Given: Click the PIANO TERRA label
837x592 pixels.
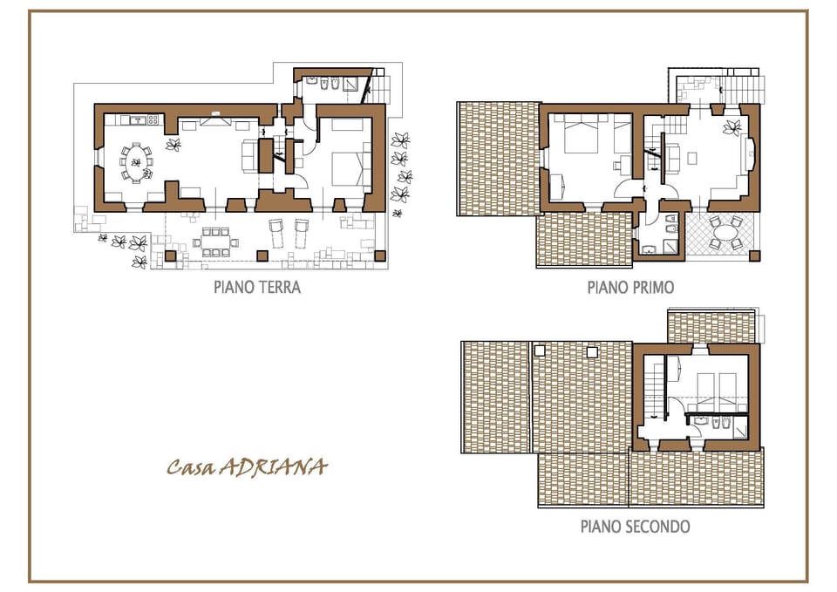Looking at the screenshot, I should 257,287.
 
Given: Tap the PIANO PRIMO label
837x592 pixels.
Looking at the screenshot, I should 630,287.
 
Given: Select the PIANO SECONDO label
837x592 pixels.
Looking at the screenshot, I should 635,527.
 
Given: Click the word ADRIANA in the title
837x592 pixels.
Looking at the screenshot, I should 272,467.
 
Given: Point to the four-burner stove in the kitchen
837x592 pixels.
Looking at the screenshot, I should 153,119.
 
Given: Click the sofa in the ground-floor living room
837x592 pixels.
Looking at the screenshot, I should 248,155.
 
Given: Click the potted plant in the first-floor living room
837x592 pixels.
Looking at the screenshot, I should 731,128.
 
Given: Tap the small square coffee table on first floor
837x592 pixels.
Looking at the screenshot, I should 692,160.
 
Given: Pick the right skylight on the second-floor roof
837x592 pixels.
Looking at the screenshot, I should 593,351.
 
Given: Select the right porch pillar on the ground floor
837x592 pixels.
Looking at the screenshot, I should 379,255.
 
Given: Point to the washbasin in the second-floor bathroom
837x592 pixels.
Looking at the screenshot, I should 700,420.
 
